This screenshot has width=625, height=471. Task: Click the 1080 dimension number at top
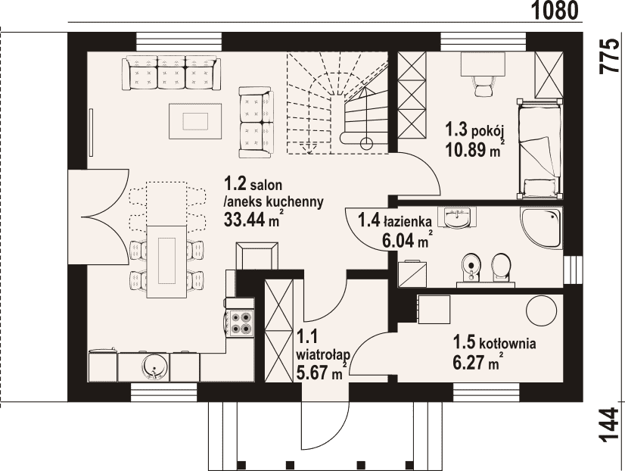[555, 11]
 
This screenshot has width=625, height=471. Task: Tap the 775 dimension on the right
[611, 56]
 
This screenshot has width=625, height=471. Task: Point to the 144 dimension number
[611, 425]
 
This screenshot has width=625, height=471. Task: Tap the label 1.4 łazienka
[396, 220]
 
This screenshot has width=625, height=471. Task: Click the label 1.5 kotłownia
[494, 342]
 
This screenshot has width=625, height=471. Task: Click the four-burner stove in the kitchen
[240, 323]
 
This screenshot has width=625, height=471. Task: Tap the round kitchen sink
[154, 367]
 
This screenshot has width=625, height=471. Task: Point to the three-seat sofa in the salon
[172, 73]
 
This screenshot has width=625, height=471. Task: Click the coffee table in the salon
[195, 121]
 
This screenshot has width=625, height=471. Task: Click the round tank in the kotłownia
[541, 310]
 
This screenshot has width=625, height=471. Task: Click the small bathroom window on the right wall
[574, 270]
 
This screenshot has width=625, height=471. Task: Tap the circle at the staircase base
[366, 142]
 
